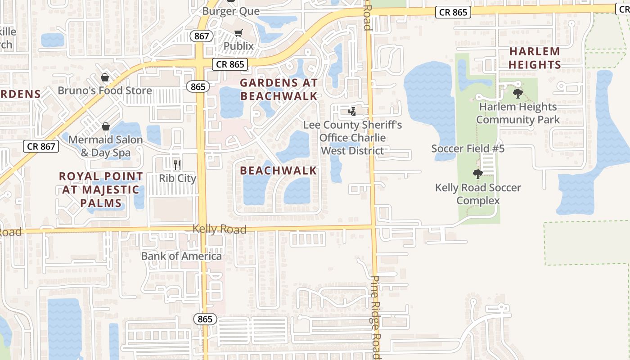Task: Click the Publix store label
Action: [x=238, y=46]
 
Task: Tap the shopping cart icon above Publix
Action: [x=238, y=33]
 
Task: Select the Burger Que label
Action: [x=230, y=11]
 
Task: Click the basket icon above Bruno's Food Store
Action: [x=105, y=78]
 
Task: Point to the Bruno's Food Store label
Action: [x=105, y=90]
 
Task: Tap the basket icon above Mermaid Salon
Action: [x=106, y=127]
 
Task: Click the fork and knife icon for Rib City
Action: [x=177, y=165]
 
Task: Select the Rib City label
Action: [x=177, y=178]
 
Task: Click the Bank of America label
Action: [x=181, y=256]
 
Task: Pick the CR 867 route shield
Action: [x=41, y=146]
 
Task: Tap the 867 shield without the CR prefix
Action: [x=201, y=36]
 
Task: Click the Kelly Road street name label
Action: [x=219, y=229]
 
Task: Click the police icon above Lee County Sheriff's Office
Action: [x=352, y=111]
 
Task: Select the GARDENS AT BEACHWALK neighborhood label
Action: [x=279, y=89]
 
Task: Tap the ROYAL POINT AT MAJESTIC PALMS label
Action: [x=101, y=189]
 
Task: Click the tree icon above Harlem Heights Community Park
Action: [x=518, y=94]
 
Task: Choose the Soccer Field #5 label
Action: [x=468, y=148]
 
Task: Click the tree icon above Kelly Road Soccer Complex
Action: [x=478, y=174]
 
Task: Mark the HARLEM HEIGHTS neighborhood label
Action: [x=535, y=58]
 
